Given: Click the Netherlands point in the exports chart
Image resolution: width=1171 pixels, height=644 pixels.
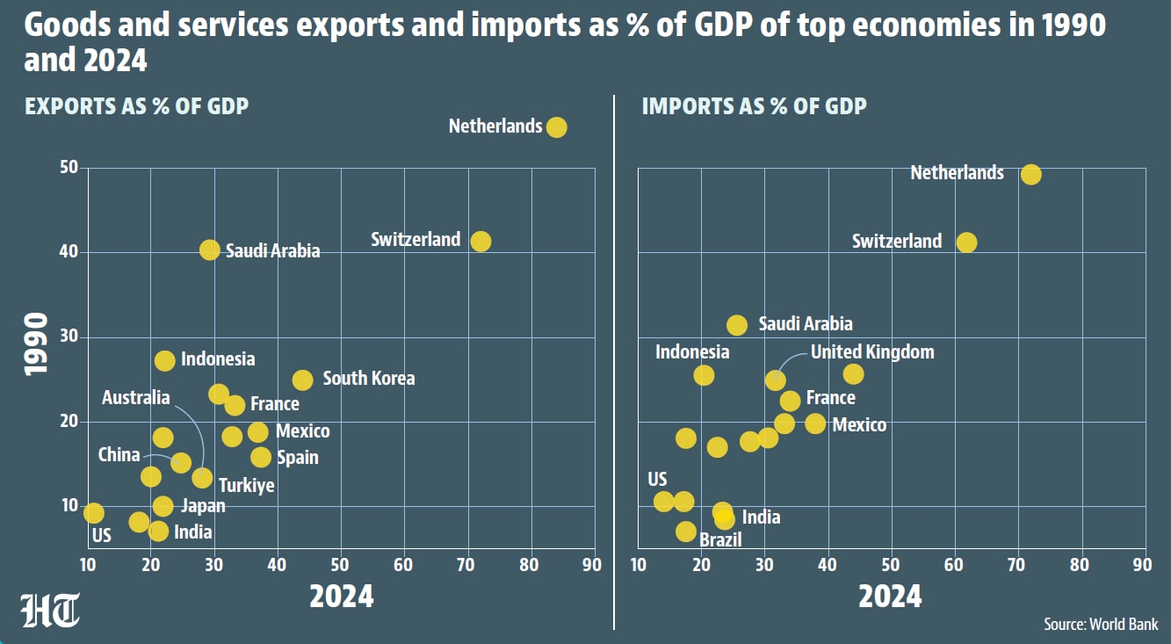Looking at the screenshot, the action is point(556,127).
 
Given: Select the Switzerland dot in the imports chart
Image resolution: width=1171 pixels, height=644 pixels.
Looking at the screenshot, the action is point(966,242).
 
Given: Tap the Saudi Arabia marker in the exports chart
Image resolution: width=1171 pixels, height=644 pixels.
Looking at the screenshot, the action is point(210,250).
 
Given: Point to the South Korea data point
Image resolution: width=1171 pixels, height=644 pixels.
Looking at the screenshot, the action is point(302,380).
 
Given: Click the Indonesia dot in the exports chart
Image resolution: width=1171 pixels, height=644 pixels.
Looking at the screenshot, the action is point(164,360).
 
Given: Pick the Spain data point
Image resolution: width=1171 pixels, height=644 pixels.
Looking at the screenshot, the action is point(261,458).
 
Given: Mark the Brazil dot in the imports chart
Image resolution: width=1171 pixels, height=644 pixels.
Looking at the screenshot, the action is point(686,532).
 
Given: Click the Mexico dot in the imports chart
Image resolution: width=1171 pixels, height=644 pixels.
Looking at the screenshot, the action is point(815,423).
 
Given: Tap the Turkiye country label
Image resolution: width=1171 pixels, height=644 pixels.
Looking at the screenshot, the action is point(246,486).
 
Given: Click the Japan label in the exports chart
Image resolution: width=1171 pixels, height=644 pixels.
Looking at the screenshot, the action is point(203,506).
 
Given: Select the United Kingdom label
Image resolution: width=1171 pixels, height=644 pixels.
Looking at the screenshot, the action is point(872,351).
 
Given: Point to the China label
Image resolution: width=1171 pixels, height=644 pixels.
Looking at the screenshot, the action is point(119,455).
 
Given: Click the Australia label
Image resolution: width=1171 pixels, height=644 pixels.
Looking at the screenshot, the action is point(136,398).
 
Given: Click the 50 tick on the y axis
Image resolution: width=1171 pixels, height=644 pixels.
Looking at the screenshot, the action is point(69,167).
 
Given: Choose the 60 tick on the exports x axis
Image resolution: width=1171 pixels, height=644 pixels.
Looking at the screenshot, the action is point(403,565).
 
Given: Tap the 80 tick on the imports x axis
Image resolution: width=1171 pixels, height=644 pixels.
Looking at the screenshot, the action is point(1079,565).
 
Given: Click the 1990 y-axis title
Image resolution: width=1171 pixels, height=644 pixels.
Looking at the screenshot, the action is point(37,344).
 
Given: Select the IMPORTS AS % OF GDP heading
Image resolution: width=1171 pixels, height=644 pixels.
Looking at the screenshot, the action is point(754,106).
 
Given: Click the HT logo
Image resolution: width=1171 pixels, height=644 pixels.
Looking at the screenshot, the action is point(50,610).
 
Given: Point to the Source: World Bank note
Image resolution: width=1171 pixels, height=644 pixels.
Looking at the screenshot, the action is point(1101,624).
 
